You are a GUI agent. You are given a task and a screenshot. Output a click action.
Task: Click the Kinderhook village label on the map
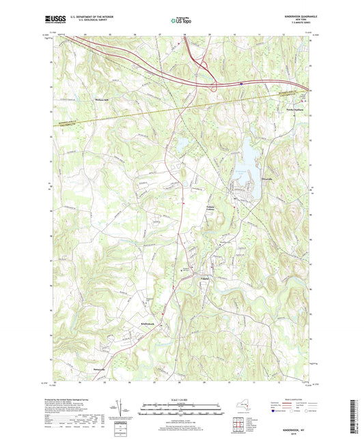click(150, 322)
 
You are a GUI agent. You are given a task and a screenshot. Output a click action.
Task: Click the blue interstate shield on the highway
click(241, 85)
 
